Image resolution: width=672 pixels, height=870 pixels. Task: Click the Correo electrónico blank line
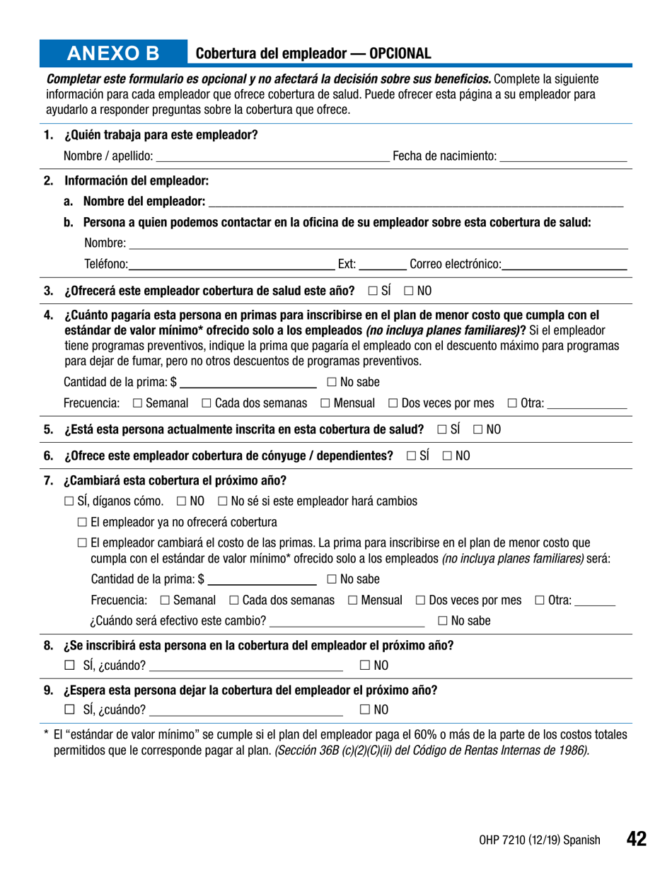click(x=564, y=265)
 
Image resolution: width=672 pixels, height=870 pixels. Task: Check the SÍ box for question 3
click(x=372, y=291)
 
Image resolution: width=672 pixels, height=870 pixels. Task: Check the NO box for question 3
click(x=409, y=291)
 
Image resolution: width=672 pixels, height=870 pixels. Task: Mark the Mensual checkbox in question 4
click(x=325, y=403)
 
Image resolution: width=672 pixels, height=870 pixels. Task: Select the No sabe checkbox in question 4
click(x=332, y=383)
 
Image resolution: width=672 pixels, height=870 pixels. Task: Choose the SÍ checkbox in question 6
click(x=412, y=456)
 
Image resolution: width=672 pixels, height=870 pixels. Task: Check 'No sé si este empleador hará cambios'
click(x=223, y=501)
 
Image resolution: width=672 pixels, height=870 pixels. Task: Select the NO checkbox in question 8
click(x=365, y=665)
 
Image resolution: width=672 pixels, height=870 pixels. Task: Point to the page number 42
click(x=635, y=839)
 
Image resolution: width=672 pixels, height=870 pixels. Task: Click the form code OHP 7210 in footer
click(x=539, y=840)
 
